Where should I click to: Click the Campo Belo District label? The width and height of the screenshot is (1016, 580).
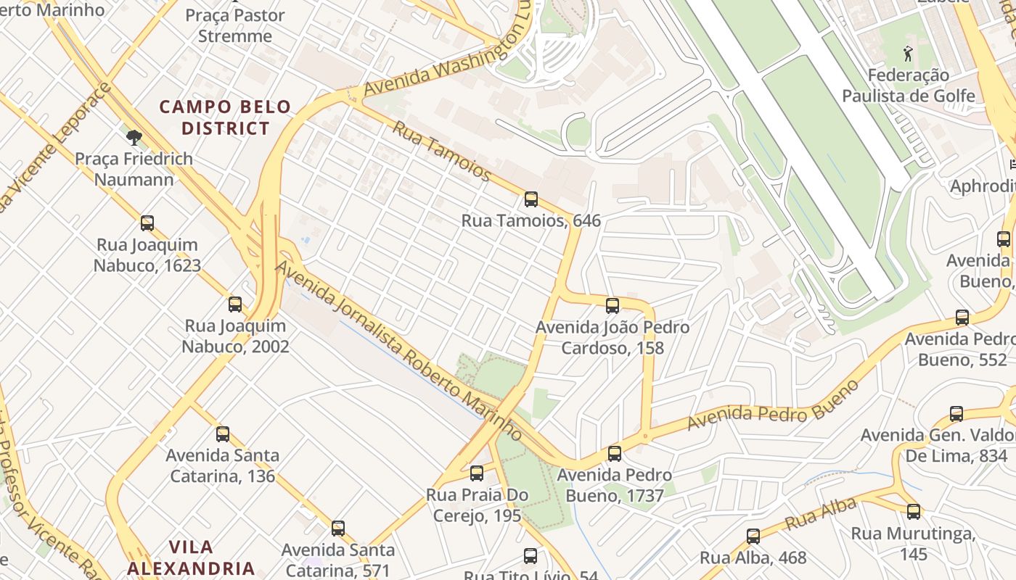(x=225, y=117)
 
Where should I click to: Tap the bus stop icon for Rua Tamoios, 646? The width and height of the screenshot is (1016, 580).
(x=531, y=199)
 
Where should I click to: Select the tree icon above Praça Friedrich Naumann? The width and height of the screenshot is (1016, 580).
(x=134, y=137)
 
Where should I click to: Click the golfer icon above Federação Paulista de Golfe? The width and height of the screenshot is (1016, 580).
(x=907, y=53)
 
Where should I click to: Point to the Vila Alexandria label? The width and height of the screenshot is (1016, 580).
(x=191, y=557)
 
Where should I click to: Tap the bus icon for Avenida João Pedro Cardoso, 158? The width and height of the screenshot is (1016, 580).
(x=613, y=306)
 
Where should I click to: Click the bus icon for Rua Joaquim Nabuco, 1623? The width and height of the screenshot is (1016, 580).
(x=147, y=223)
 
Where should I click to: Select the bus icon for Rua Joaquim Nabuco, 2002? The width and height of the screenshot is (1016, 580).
(x=235, y=304)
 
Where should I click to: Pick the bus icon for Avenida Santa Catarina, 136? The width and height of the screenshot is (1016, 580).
(x=223, y=434)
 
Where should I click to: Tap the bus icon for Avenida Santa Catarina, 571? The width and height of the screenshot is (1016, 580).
(x=338, y=529)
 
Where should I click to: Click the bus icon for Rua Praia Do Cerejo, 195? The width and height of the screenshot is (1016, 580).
(x=477, y=473)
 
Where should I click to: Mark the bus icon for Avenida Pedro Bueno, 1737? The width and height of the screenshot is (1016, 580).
(x=615, y=454)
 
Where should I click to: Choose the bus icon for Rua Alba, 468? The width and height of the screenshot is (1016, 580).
(x=753, y=536)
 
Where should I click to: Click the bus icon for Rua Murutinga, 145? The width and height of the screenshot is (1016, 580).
(x=914, y=512)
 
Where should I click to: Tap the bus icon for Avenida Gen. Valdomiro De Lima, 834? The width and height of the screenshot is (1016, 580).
(x=956, y=414)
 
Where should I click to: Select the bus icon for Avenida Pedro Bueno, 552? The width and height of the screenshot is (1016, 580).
(x=962, y=317)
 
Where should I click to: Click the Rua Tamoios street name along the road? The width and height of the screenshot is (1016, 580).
(x=442, y=151)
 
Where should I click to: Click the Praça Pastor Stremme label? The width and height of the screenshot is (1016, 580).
(x=235, y=25)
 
